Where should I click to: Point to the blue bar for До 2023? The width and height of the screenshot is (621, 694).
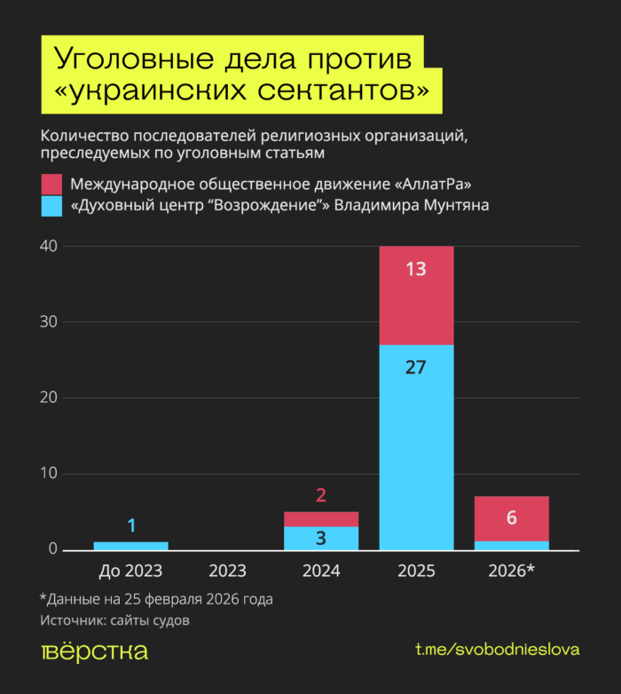coord(130,546)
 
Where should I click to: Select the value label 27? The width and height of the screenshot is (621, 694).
coord(416,367)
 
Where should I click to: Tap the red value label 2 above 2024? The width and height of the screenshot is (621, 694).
coord(321,495)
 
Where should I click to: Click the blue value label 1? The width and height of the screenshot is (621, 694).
coord(131,525)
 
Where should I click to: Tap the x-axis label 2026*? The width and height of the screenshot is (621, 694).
coord(511,571)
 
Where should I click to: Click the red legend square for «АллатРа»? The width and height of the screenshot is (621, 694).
coord(51,185)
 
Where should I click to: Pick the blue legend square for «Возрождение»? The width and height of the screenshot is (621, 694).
coord(51,206)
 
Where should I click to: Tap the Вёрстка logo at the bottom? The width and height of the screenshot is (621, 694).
coord(94,651)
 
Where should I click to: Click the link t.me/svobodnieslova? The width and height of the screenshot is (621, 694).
coord(497,651)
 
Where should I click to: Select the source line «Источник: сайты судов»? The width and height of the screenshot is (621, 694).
coord(114,620)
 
